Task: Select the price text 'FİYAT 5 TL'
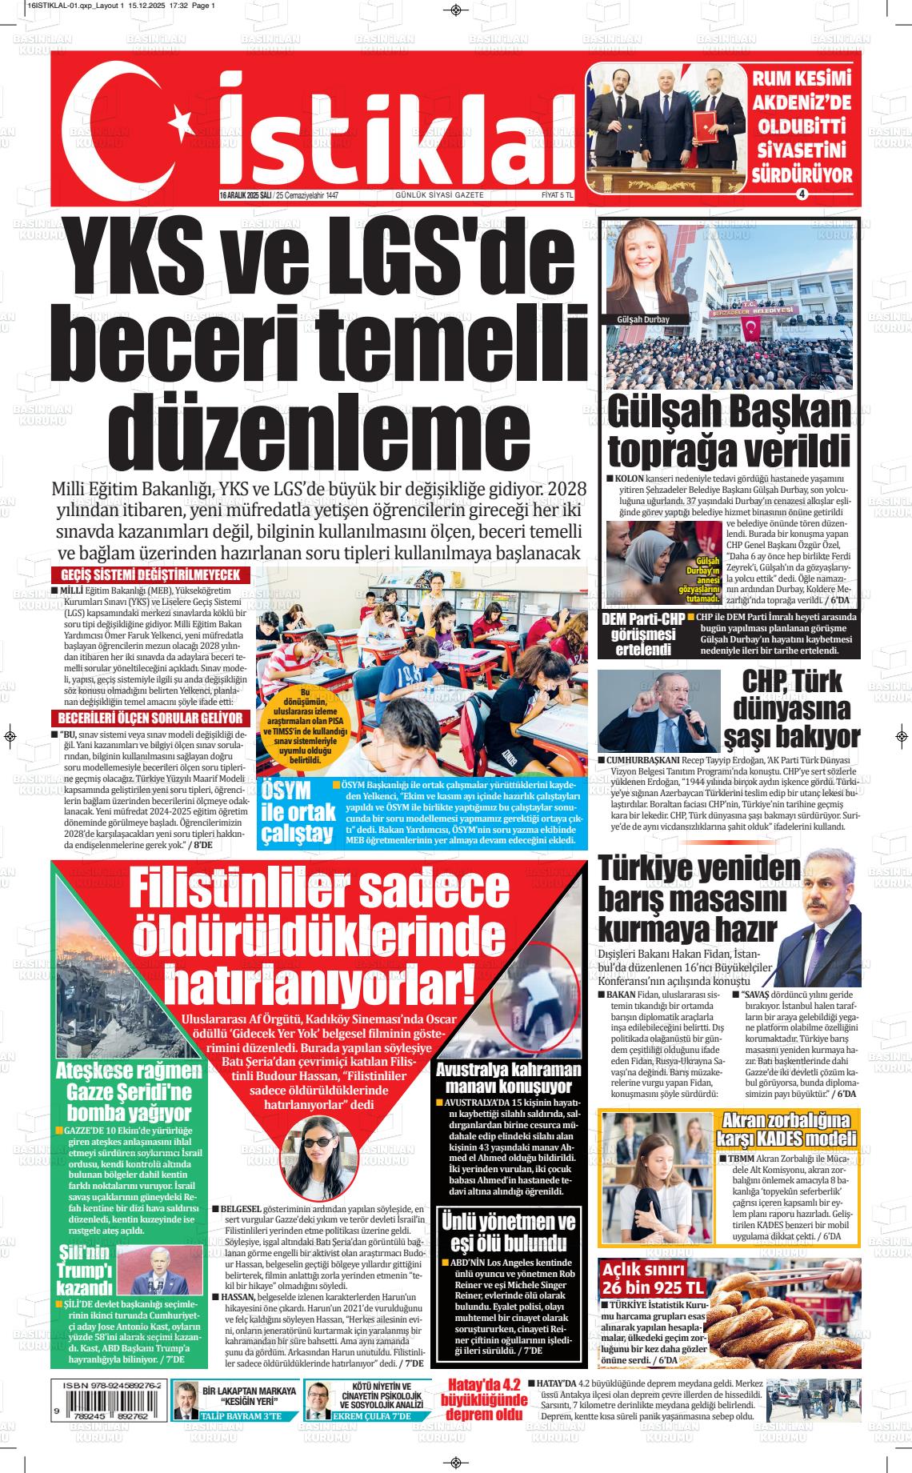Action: pyautogui.click(x=557, y=195)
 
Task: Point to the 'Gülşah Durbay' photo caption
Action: pyautogui.click(x=642, y=319)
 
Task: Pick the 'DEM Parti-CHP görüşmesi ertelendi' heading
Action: pyautogui.click(x=642, y=634)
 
